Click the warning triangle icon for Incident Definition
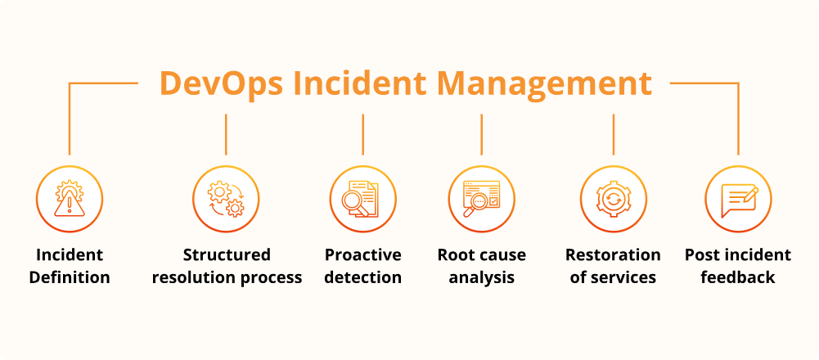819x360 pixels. point(70,199)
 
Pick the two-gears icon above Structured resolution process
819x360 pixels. point(226,199)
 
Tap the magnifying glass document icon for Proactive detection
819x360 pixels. point(362,199)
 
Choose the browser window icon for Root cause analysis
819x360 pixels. point(481,199)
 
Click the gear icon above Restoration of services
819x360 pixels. point(613,199)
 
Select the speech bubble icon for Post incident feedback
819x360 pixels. point(739,200)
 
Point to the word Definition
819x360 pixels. point(70,277)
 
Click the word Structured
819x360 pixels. point(227,255)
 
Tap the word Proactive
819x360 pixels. point(363,255)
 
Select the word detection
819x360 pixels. point(363,277)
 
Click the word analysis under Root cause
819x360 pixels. point(482,277)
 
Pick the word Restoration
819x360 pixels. point(613,255)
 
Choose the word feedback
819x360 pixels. point(738,277)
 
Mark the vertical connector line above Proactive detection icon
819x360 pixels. point(363,135)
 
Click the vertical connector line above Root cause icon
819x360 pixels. point(482,135)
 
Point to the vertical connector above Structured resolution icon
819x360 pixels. point(226,135)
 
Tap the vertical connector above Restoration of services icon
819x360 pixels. point(613,135)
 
